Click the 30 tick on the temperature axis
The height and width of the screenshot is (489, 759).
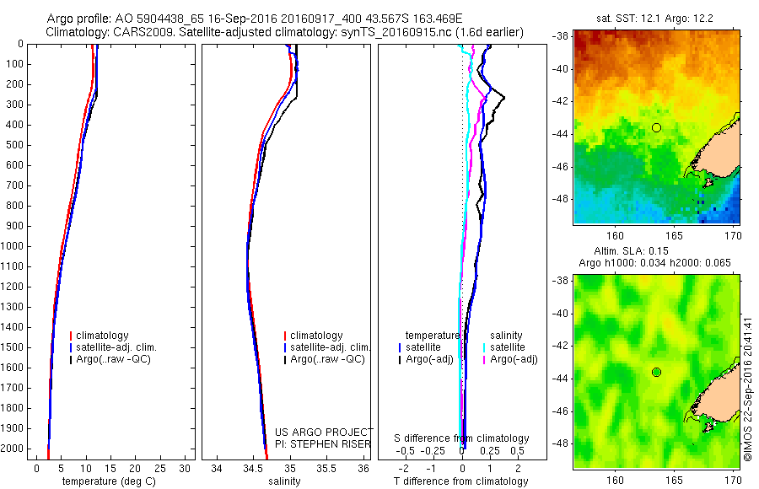click(186, 468)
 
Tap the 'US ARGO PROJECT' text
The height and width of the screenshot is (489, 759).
click(323, 432)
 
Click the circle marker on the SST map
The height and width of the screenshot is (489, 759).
click(656, 127)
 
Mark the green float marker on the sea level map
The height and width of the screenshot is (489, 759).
click(656, 372)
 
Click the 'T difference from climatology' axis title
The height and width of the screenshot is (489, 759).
click(460, 481)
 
